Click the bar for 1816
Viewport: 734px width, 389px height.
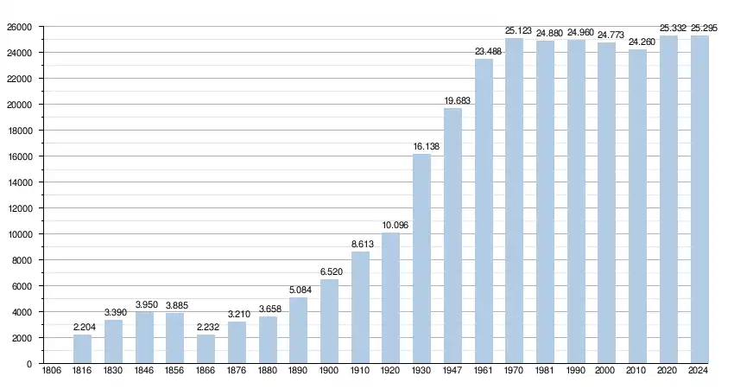[x=83, y=348]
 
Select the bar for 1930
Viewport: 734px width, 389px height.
[x=422, y=258]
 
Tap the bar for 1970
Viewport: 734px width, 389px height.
[x=515, y=201]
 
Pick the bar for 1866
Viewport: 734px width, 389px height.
[x=206, y=348]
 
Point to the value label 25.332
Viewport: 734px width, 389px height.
[x=668, y=29]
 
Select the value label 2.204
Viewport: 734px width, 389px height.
[x=83, y=328]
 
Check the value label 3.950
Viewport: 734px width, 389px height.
[x=144, y=305]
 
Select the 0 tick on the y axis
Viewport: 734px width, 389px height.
[x=29, y=364]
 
